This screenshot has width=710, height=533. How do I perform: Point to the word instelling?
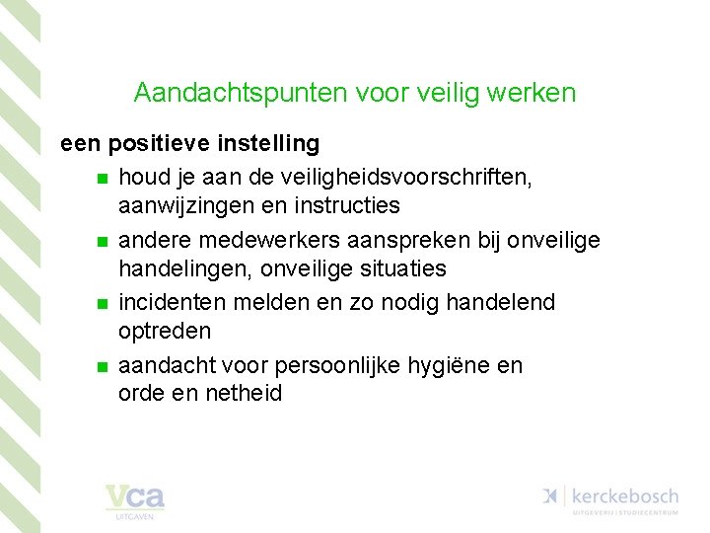[269, 144]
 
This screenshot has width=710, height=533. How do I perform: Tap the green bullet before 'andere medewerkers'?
[101, 242]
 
